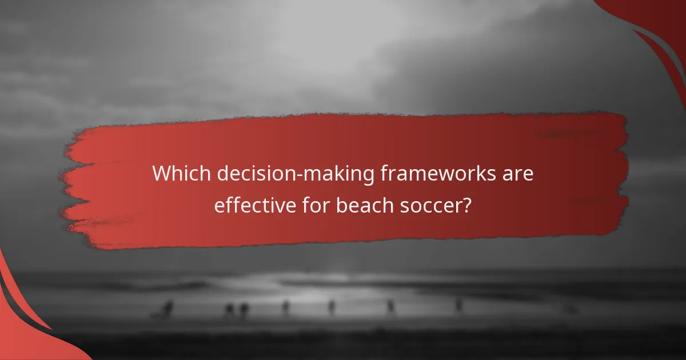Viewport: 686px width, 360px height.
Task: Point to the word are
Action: pos(520,174)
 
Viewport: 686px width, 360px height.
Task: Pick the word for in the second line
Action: pos(314,204)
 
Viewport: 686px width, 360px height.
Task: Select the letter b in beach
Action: pos(341,204)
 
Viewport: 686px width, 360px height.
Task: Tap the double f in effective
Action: pos(230,204)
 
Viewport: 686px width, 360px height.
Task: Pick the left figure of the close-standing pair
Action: pos(229,309)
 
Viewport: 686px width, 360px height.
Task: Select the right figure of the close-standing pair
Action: pos(244,309)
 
